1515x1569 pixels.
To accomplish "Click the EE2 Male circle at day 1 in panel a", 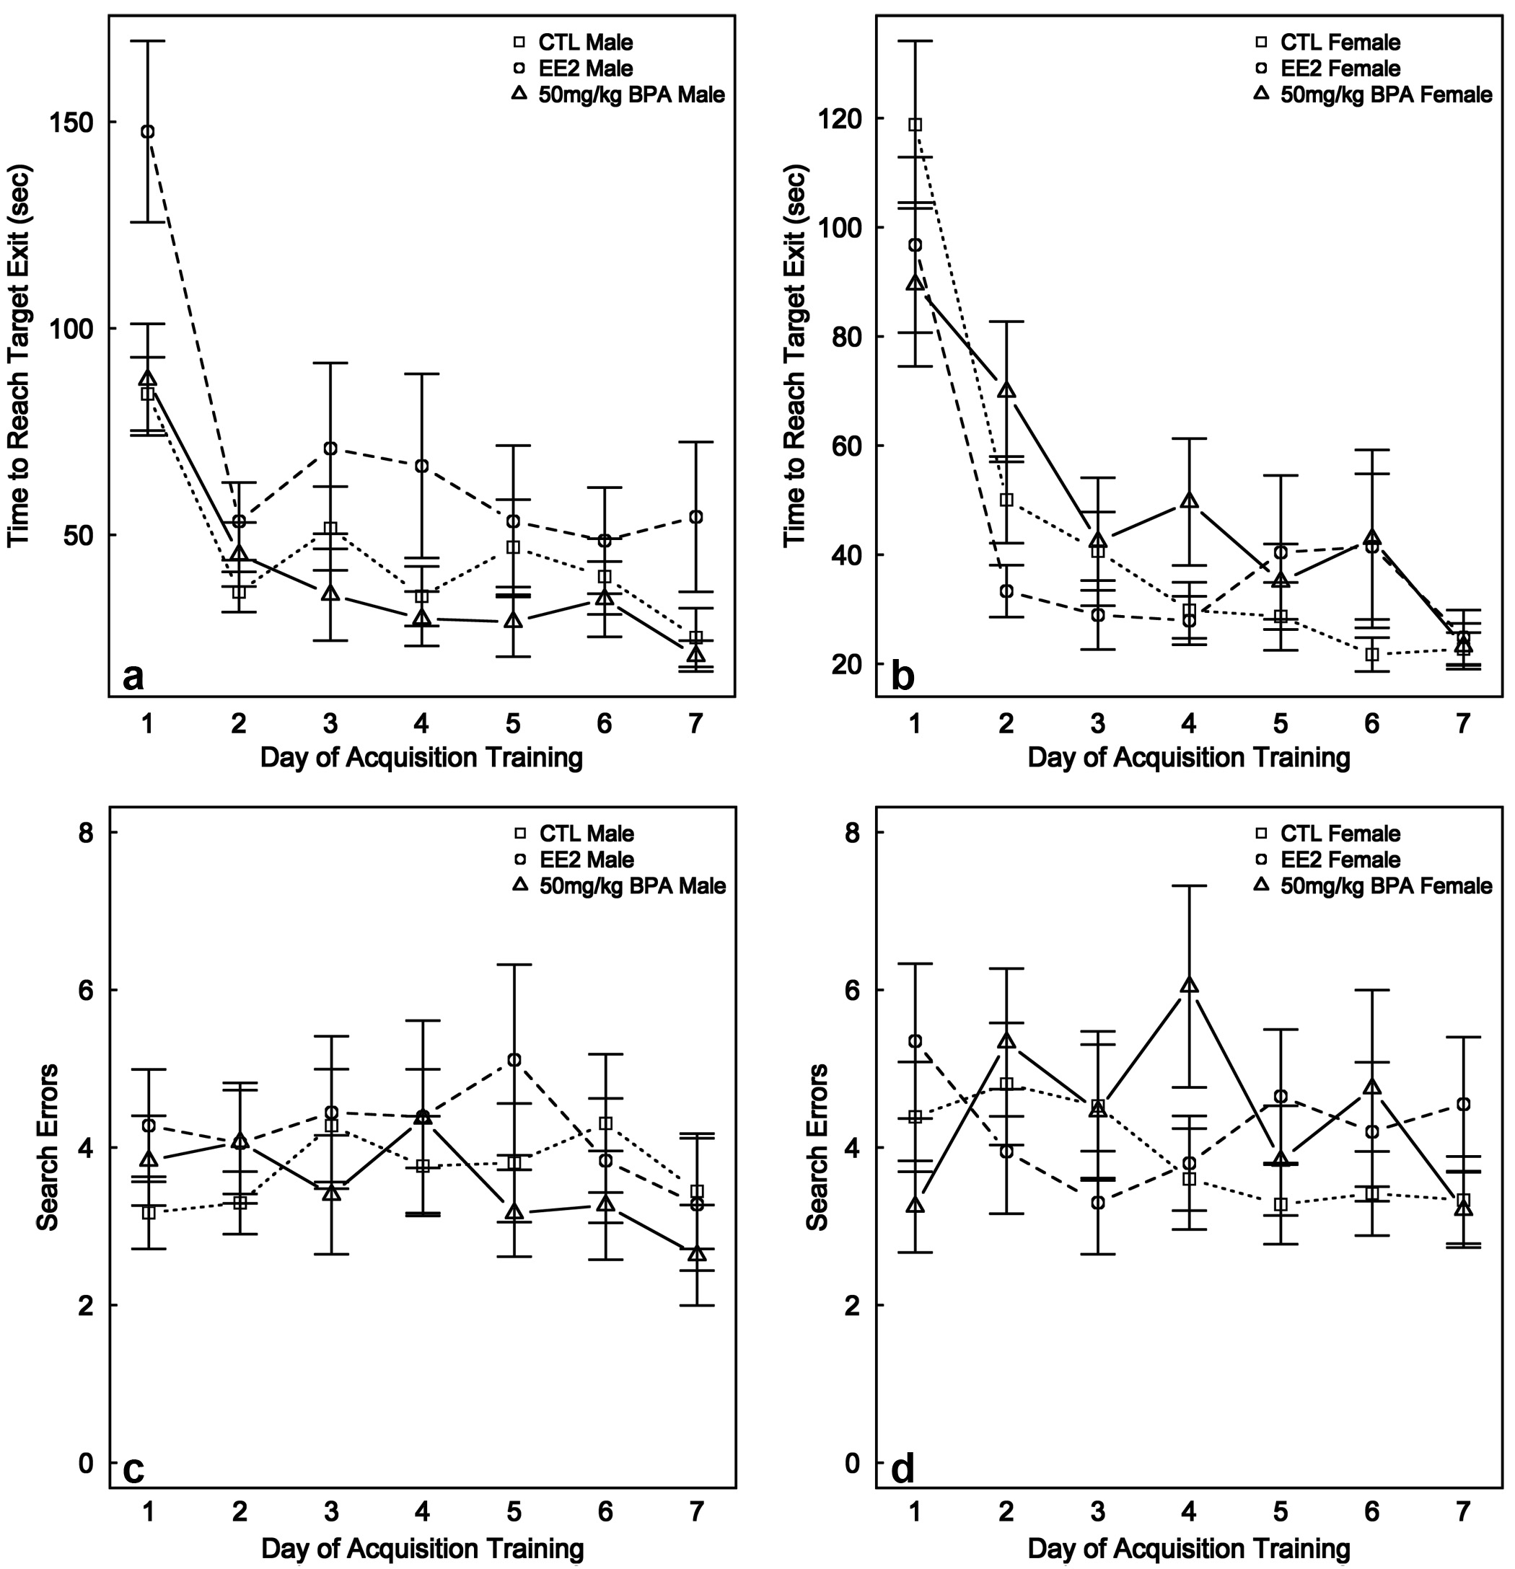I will pos(148,132).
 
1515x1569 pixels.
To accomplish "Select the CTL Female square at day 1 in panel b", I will pos(915,125).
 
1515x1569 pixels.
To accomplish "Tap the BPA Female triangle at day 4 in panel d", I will pos(1189,986).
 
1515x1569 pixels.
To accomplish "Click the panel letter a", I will pos(133,677).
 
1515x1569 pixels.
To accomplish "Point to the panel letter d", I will pos(903,1469).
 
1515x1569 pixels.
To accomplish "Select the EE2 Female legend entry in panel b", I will pos(1340,68).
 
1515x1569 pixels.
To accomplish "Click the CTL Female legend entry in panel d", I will pos(1340,834).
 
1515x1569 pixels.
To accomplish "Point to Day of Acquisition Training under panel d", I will pos(1188,1547).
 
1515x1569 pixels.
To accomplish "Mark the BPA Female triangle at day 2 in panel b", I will pos(1006,391).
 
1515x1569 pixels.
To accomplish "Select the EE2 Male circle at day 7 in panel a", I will pos(696,517).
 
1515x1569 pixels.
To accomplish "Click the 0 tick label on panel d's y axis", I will pos(853,1463).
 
